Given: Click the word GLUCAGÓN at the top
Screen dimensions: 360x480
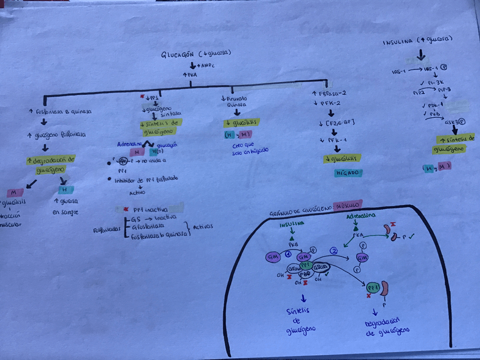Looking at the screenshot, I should [x=177, y=55].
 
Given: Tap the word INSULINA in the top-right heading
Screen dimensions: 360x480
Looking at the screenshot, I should [x=398, y=42].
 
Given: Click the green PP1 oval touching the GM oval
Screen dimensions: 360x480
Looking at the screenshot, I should [x=306, y=264].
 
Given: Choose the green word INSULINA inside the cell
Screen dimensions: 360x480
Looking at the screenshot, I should [x=292, y=224].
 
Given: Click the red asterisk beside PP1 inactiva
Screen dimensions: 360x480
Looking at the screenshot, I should [x=118, y=209].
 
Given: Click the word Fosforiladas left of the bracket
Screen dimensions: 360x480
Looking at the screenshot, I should [x=108, y=230].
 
